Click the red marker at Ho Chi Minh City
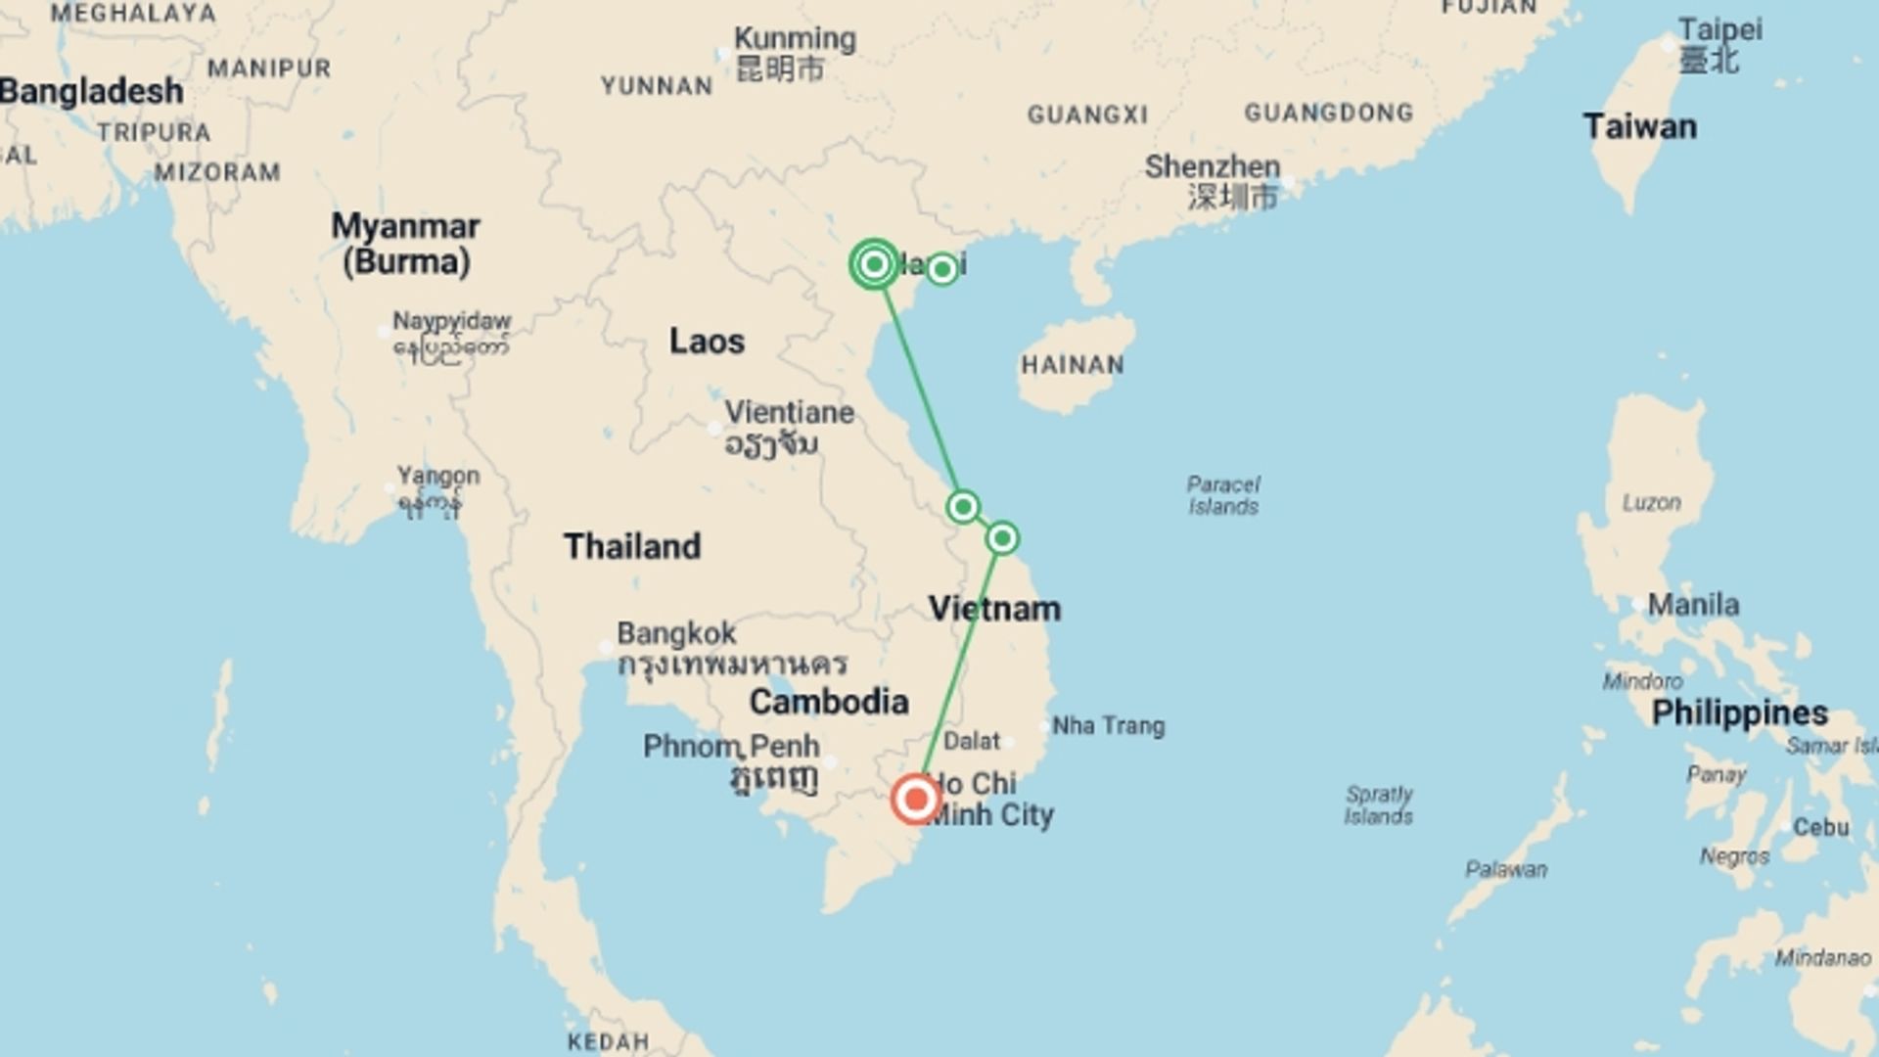pos(916,800)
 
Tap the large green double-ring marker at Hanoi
pos(874,264)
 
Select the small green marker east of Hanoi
pos(941,269)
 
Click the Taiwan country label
pos(1639,127)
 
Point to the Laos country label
pos(707,342)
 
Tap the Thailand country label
pos(632,546)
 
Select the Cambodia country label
pos(829,702)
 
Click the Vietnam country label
pos(994,609)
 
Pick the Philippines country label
pos(1739,712)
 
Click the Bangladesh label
pos(92,92)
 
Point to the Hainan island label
pos(1073,365)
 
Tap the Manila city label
pos(1693,605)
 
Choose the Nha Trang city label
pos(1108,726)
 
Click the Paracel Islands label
pos(1223,495)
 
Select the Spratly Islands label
pos(1378,804)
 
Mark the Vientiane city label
pos(789,413)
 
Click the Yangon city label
pos(437,477)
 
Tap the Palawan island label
pos(1506,869)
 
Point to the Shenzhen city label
pos(1213,167)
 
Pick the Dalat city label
pos(972,741)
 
